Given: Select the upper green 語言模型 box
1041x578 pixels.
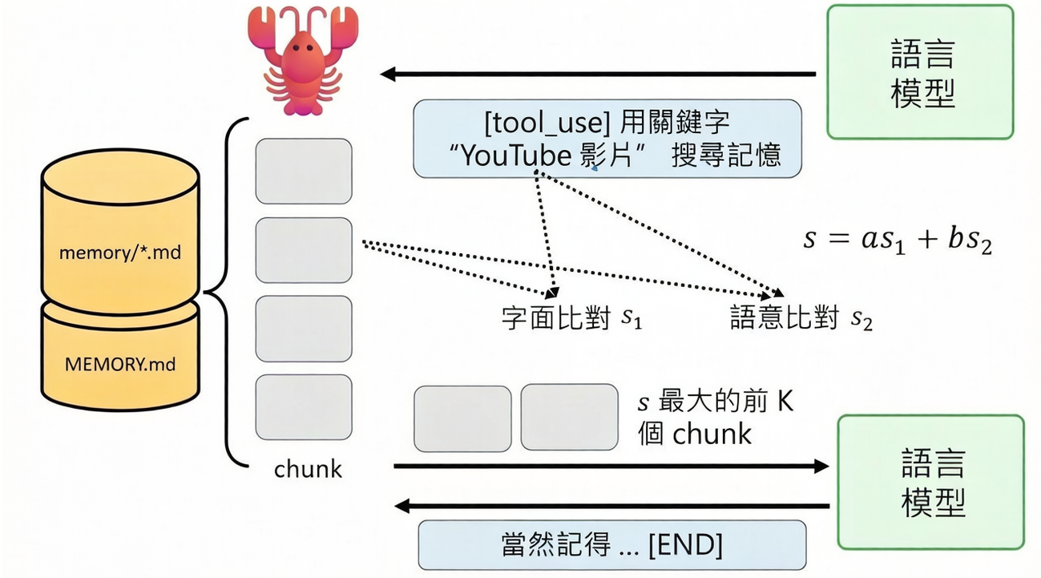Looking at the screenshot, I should point(920,71).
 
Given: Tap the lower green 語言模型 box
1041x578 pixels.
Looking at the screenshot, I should point(930,481).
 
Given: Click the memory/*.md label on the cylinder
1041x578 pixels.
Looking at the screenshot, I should point(120,253).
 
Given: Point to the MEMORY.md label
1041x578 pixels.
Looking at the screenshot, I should point(120,365).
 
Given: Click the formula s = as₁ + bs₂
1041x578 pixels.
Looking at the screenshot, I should point(897,241).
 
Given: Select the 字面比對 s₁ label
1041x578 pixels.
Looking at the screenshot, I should point(571,318).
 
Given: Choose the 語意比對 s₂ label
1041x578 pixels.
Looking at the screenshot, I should point(801,318).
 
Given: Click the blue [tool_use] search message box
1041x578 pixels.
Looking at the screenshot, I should point(607,139).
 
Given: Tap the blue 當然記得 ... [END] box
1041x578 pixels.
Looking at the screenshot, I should point(611,545).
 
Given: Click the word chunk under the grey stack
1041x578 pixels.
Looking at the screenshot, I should point(308,469).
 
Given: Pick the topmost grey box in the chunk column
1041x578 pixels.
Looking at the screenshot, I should point(304,172).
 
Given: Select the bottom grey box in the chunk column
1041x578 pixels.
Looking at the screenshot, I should point(304,406).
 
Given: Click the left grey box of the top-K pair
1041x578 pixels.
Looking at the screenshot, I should point(462,418).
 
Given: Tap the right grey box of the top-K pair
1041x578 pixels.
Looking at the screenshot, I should point(569,418).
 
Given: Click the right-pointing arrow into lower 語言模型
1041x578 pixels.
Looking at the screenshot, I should point(609,466).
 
